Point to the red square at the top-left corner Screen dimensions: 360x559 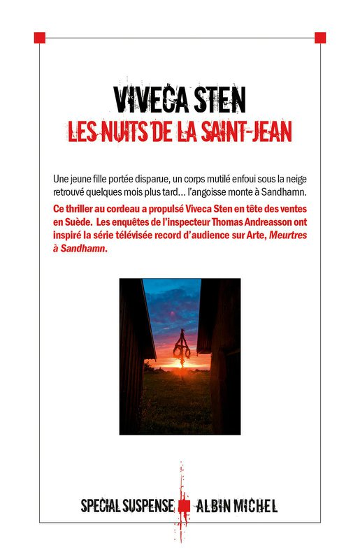pos(39,37)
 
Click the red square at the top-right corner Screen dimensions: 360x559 pos(320,37)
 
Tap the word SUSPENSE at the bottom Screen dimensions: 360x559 pos(148,505)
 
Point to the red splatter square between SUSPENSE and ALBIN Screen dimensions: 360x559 pos(184,505)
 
